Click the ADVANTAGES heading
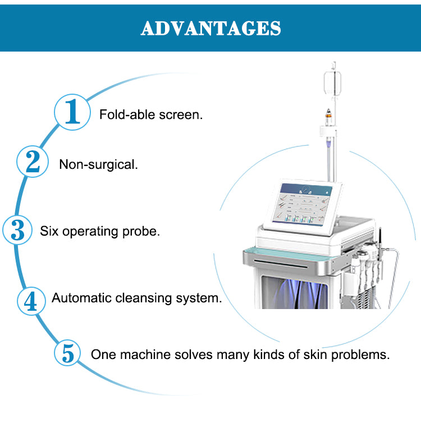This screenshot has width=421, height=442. pos(210,27)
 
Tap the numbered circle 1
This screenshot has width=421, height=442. pos(71,112)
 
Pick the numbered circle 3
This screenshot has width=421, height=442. pos(18,230)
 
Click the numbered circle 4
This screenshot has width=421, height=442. pos(31,300)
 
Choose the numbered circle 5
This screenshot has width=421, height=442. pos(68,354)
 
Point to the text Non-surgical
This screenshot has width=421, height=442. pos(98,165)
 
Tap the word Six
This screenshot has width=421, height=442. pos(49,231)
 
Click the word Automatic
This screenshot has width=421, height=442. pos(82,298)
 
